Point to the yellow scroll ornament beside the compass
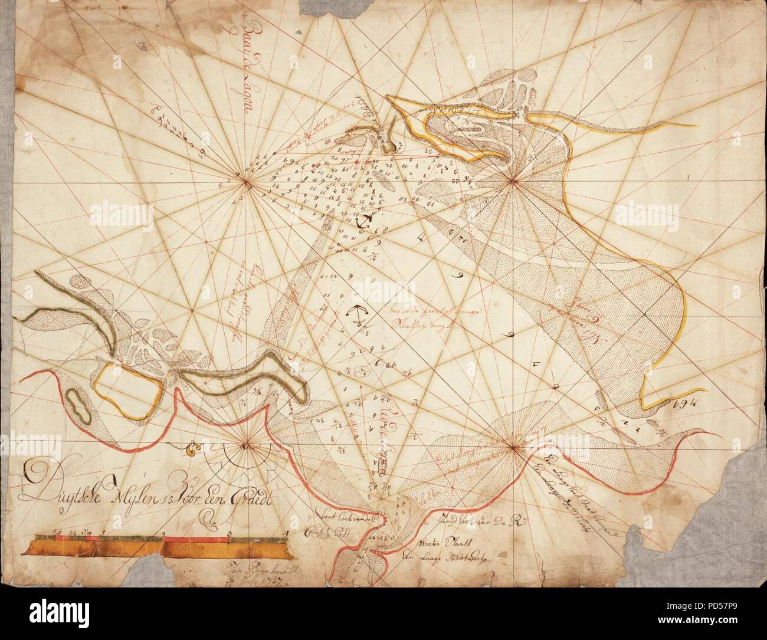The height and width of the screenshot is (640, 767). [191, 451]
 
